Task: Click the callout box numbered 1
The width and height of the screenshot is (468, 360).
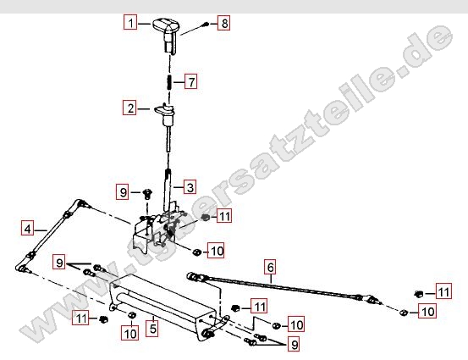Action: tap(130, 22)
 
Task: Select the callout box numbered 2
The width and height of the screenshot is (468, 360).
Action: tap(129, 108)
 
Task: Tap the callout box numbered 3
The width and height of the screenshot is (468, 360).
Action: tap(190, 187)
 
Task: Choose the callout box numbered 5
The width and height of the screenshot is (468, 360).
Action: tap(152, 328)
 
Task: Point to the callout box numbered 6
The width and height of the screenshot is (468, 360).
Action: tap(270, 267)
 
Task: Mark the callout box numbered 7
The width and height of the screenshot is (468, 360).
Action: tap(191, 81)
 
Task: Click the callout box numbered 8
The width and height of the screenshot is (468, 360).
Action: tap(224, 23)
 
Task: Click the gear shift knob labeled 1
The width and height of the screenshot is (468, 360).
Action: tap(166, 35)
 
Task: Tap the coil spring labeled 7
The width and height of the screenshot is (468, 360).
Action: tap(169, 82)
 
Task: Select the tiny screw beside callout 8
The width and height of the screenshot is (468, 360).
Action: tap(206, 25)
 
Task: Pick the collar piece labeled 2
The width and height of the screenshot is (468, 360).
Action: tap(165, 114)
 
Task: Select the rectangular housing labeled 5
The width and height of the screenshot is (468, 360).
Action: tap(162, 307)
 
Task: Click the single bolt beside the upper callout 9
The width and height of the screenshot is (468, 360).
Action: tap(147, 194)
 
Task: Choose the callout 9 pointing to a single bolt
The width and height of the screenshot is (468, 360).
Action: tap(123, 191)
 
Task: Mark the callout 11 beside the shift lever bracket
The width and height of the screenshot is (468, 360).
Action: tap(225, 215)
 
